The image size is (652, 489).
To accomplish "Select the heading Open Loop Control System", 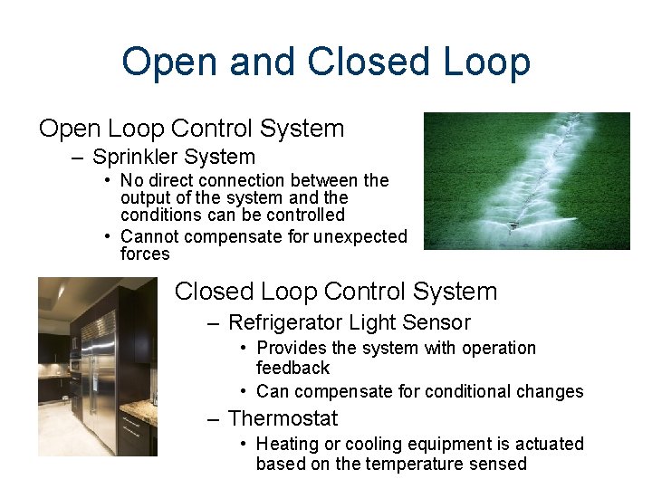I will click(x=191, y=129).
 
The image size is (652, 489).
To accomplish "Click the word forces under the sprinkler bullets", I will click(x=145, y=254).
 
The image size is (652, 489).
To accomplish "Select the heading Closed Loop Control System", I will click(x=336, y=292).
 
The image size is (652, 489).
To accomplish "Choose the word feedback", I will click(x=292, y=369).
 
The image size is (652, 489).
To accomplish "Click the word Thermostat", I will click(x=283, y=418).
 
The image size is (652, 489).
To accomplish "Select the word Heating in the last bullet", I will click(x=286, y=445).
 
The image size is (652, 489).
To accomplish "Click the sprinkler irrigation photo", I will click(x=526, y=181).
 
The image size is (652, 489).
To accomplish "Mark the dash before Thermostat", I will click(x=213, y=418).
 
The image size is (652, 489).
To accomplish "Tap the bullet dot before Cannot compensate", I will click(x=108, y=236).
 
